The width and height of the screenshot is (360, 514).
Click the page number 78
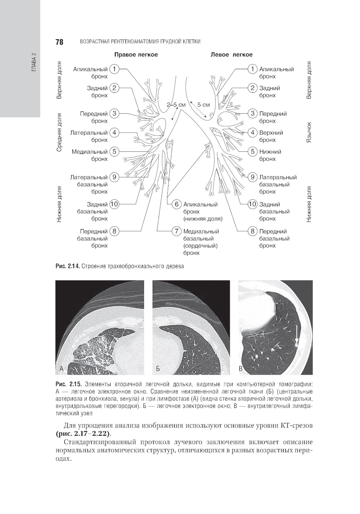59,42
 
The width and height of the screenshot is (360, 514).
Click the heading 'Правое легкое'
136,55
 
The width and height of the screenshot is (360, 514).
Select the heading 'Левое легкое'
231,55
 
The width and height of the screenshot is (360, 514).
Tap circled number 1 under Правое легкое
114,69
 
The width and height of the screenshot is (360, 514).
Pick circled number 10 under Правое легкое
114,204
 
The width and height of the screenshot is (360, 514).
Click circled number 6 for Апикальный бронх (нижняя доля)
177,204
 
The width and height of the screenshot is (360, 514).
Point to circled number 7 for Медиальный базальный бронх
177,231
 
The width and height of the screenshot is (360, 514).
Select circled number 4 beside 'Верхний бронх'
253,133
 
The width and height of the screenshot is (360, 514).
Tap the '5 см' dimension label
203,105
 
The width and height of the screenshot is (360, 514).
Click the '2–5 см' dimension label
176,105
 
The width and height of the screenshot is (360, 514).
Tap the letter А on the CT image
62,368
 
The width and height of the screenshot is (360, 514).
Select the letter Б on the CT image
158,369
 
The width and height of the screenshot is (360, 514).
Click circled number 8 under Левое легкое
253,231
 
